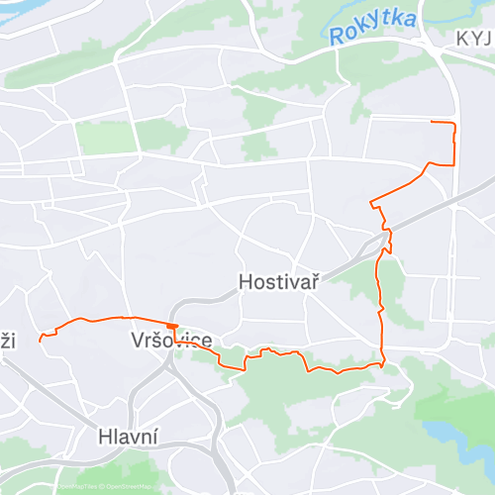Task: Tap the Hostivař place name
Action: (x=278, y=282)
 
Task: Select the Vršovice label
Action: (x=170, y=341)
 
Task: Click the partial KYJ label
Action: (x=474, y=38)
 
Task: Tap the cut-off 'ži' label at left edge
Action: (x=8, y=341)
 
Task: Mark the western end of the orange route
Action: (x=40, y=339)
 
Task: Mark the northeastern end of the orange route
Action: (x=432, y=121)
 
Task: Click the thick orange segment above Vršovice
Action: (x=172, y=325)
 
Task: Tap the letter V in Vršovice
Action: (x=138, y=341)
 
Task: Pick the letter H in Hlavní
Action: (x=105, y=436)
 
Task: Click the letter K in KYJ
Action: (x=462, y=38)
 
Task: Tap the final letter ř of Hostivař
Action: (x=312, y=282)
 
